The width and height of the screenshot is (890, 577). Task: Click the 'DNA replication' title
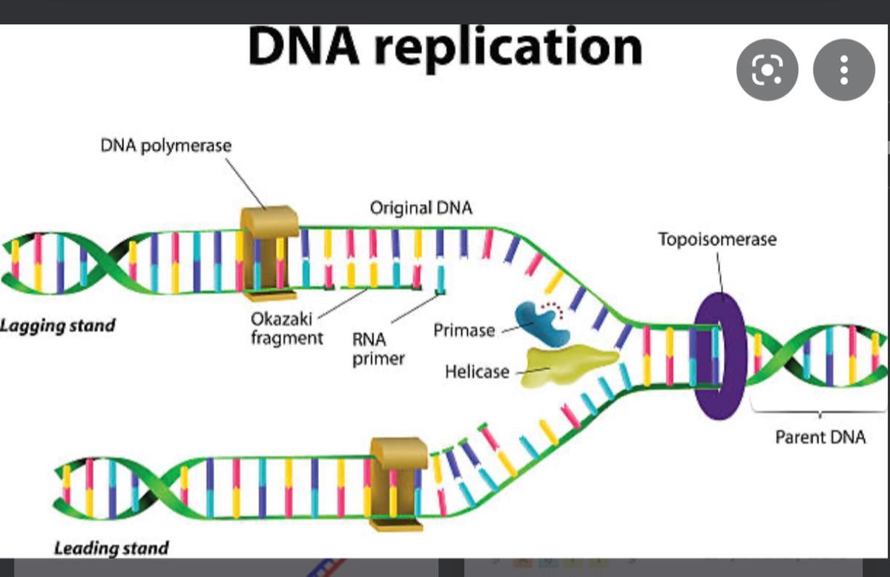tap(445, 46)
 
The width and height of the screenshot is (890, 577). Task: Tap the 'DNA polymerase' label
tap(166, 145)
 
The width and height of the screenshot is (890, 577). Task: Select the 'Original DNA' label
tap(421, 208)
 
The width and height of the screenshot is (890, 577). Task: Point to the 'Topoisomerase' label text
tap(717, 240)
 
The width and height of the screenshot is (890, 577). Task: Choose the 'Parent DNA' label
tap(820, 437)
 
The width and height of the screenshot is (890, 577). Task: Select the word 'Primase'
tap(464, 330)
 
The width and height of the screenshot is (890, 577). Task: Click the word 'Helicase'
tap(477, 372)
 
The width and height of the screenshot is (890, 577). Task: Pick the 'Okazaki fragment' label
tap(287, 329)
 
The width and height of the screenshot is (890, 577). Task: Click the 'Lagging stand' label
tap(58, 326)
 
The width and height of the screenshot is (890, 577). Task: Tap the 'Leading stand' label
tap(111, 549)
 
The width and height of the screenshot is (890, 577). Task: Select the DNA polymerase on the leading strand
tap(398, 482)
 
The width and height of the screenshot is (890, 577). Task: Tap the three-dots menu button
tap(844, 70)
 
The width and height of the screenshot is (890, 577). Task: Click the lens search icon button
tap(767, 70)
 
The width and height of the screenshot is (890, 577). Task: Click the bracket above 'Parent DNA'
tap(820, 412)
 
